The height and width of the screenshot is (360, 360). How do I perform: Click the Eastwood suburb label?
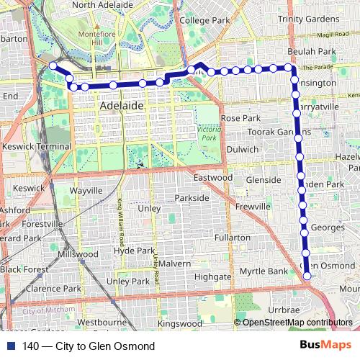click(x=213, y=177)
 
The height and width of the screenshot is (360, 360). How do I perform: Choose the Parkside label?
click(x=192, y=197)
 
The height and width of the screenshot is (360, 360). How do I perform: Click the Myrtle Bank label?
click(x=258, y=271)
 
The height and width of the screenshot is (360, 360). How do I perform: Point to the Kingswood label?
click(x=180, y=323)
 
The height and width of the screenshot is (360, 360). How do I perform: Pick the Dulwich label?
click(x=242, y=149)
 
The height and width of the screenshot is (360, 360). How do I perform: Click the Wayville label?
click(x=87, y=191)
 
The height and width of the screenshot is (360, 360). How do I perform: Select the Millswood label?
click(x=78, y=254)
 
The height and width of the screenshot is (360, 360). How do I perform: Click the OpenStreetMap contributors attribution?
click(x=297, y=323)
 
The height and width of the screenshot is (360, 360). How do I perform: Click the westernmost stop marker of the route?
click(x=53, y=66)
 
